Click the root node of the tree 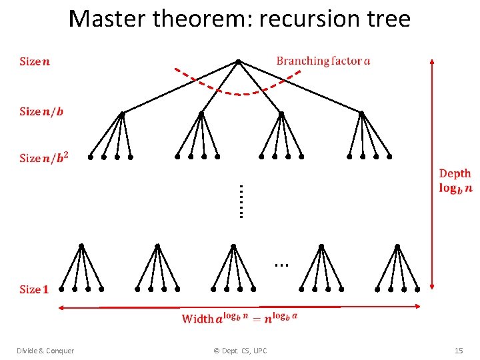[x=238, y=62]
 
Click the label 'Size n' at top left [x=35, y=61]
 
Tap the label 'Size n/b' [x=42, y=111]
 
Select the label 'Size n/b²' [x=44, y=157]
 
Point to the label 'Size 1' [x=34, y=289]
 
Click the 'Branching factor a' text [x=323, y=61]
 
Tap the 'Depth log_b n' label [x=455, y=181]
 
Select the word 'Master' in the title [x=107, y=19]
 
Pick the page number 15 [x=458, y=351]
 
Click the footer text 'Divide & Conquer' [x=45, y=351]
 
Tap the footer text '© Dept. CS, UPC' [x=240, y=351]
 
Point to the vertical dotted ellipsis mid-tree [x=241, y=201]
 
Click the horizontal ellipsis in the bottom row [x=281, y=265]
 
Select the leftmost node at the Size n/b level [x=121, y=114]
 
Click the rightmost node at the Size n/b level [x=361, y=114]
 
